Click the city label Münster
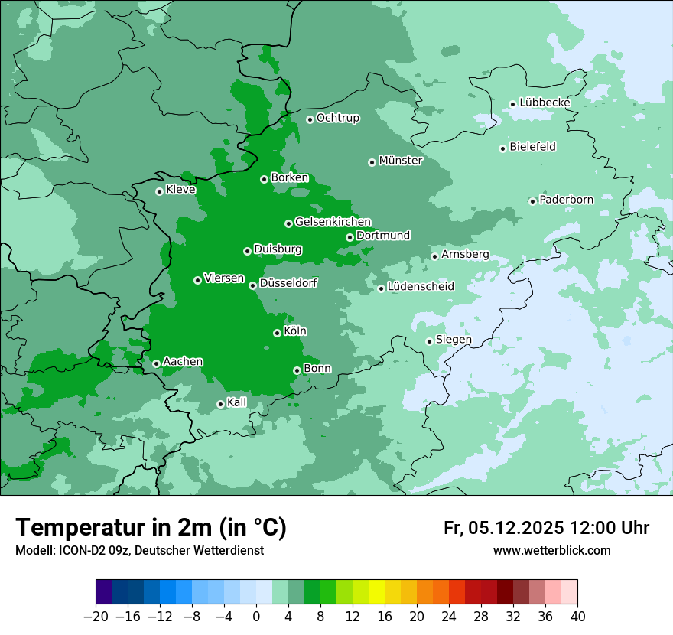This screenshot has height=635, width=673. [x=400, y=161]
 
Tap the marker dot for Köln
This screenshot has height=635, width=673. [x=277, y=333]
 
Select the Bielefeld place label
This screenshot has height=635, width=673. [x=532, y=147]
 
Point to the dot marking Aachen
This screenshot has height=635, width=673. [x=156, y=363]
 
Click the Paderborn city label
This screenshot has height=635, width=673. [x=566, y=200]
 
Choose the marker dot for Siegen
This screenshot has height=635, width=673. [x=429, y=341]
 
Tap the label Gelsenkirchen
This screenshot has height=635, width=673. [x=333, y=222]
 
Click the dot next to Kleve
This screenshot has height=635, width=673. [x=159, y=191]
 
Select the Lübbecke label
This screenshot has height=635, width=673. [x=545, y=103]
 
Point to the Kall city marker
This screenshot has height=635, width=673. [x=220, y=404]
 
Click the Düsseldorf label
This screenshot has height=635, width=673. [x=288, y=284]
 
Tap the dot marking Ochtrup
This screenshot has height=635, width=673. [x=310, y=119]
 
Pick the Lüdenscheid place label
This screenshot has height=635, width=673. [x=421, y=287]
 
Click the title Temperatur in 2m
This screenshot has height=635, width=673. [x=151, y=527]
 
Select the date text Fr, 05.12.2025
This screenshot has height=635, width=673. [x=504, y=528]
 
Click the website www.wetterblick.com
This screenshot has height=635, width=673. [x=551, y=550]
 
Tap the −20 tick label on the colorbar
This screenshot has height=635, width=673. [x=96, y=617]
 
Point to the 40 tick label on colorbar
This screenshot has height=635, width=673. [x=577, y=617]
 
